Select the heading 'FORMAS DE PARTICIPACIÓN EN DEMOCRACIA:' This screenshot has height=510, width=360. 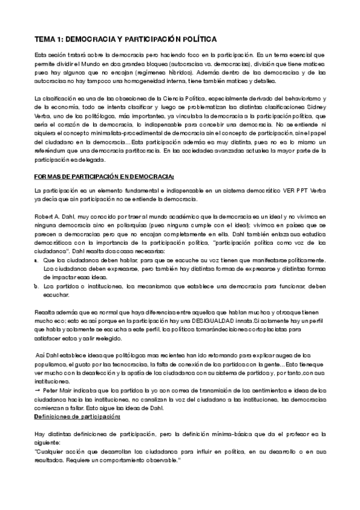point(104,176)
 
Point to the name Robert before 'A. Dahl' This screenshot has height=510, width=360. point(46,215)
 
